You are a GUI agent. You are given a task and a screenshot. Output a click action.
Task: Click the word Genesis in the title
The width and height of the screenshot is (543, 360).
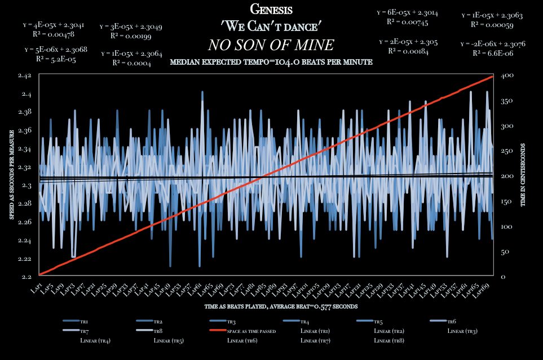[271, 10]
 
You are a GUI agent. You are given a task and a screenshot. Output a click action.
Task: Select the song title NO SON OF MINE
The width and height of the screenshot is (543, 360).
[271, 45]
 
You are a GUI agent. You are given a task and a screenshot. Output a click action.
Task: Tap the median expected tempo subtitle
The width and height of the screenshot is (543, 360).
[271, 62]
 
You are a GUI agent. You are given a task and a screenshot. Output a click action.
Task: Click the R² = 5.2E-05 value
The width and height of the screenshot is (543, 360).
[56, 58]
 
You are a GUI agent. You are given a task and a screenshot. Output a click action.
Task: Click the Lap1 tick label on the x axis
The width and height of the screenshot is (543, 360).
[37, 288]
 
